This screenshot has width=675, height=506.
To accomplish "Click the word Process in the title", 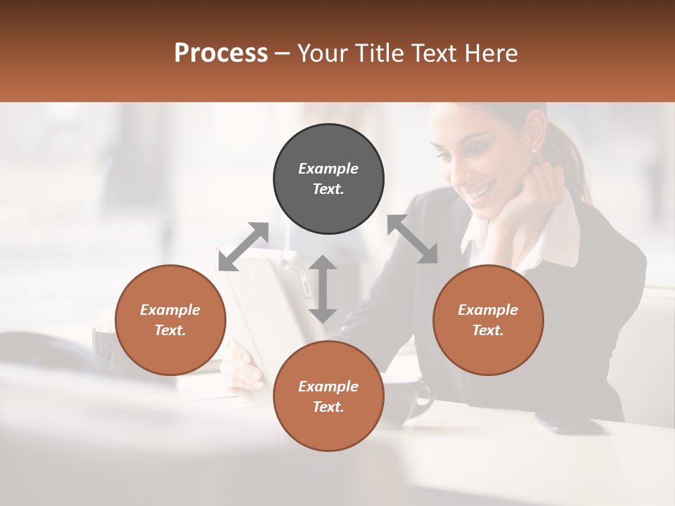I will click(221, 53).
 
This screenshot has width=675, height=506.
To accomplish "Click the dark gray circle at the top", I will click(328, 179).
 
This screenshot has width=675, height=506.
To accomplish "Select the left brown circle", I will click(170, 320).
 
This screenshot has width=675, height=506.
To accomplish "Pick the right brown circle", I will click(488, 320).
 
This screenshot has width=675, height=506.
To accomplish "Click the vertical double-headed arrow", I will click(323, 289).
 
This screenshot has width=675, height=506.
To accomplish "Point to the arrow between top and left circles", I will click(243, 246).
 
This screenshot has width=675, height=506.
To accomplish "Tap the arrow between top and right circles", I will click(413, 239).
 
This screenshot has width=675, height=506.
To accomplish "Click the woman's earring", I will click(532, 150).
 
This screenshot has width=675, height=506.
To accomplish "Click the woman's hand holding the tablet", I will click(243, 369).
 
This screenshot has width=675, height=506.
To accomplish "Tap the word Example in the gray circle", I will click(328, 169).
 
